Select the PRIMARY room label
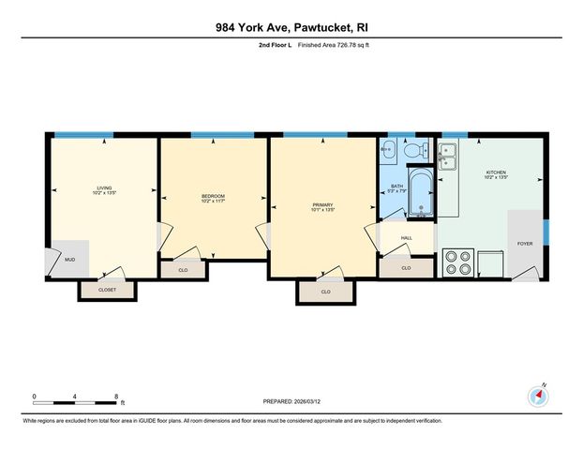[324, 203]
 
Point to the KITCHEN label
[496, 172]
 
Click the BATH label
[396, 187]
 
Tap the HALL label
[407, 238]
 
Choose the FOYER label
[525, 243]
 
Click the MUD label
[69, 259]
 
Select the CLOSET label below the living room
[108, 291]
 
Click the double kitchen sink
[447, 155]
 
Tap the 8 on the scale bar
[115, 396]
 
